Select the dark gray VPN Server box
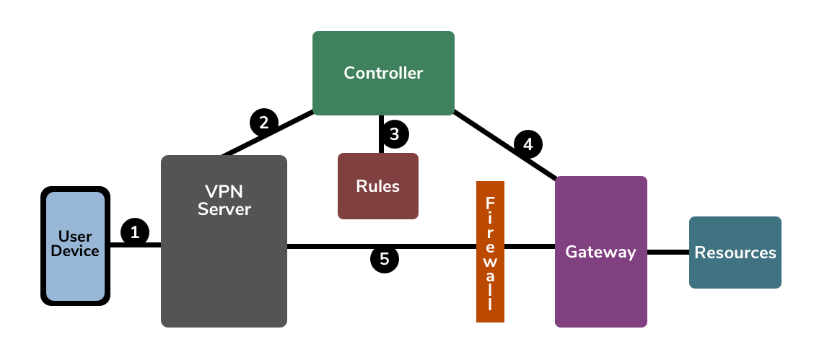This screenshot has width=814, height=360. tap(224, 274)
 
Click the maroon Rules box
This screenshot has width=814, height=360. tap(378, 202)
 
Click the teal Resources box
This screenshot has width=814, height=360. tap(735, 271)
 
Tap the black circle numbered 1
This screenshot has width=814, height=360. tap(135, 232)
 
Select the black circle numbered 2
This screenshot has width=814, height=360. tap(263, 122)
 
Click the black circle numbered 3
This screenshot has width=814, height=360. tap(394, 134)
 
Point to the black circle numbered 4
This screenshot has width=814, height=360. tap(528, 144)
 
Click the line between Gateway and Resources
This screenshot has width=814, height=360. tap(668, 253)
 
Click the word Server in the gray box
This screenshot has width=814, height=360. tap(224, 210)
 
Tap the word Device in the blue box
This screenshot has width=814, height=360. tap(75, 251)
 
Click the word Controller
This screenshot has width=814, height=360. tap(383, 73)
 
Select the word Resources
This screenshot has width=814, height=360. tap(735, 253)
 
